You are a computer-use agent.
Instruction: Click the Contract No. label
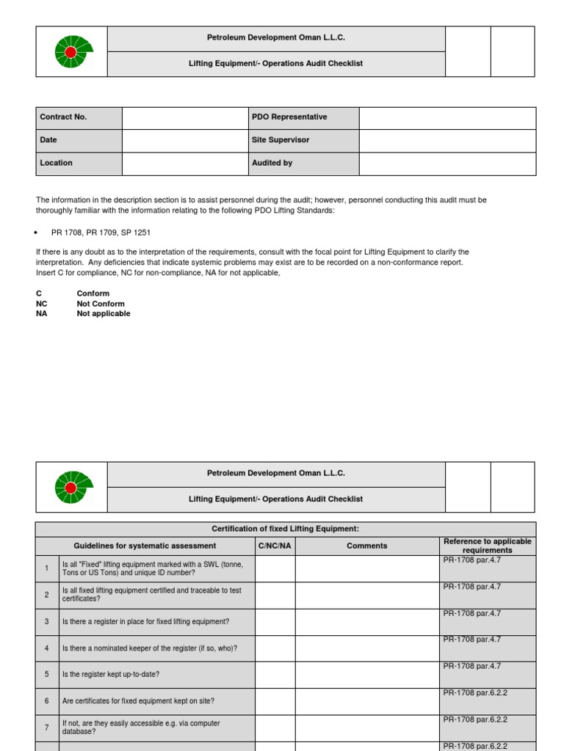point(63,117)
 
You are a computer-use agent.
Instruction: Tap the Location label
point(57,163)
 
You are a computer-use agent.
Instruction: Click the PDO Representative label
point(289,117)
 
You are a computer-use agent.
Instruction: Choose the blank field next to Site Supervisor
point(446,140)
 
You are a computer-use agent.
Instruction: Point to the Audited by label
point(272,163)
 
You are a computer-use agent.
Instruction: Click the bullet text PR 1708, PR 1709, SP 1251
point(101,232)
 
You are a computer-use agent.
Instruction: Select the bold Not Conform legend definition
point(101,304)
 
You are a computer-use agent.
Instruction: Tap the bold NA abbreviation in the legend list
point(42,314)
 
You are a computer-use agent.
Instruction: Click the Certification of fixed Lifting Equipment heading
point(285,529)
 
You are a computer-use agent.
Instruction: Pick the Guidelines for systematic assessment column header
point(145,546)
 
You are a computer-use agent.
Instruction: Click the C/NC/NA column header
point(275,546)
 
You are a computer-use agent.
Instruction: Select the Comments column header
point(366,546)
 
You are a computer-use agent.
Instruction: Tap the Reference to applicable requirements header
point(487,546)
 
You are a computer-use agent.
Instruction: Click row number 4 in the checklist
point(46,648)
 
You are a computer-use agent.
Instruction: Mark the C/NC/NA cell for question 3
point(275,622)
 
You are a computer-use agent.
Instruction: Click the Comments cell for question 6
point(366,701)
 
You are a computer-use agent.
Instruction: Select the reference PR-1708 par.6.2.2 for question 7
point(475,719)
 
